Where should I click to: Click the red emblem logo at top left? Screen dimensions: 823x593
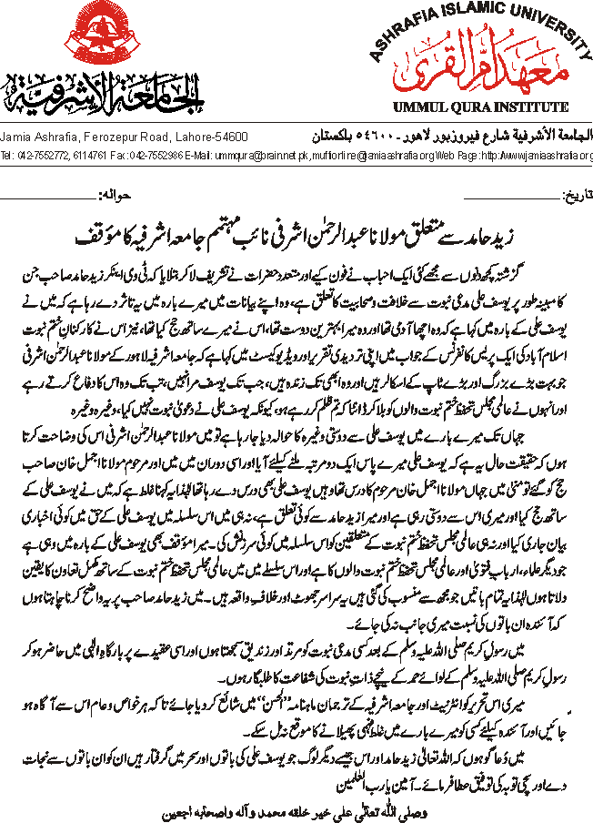pyautogui.click(x=45, y=56)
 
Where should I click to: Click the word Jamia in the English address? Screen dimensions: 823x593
pyautogui.click(x=17, y=137)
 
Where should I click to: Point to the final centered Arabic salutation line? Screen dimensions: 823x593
pyautogui.click(x=296, y=804)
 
